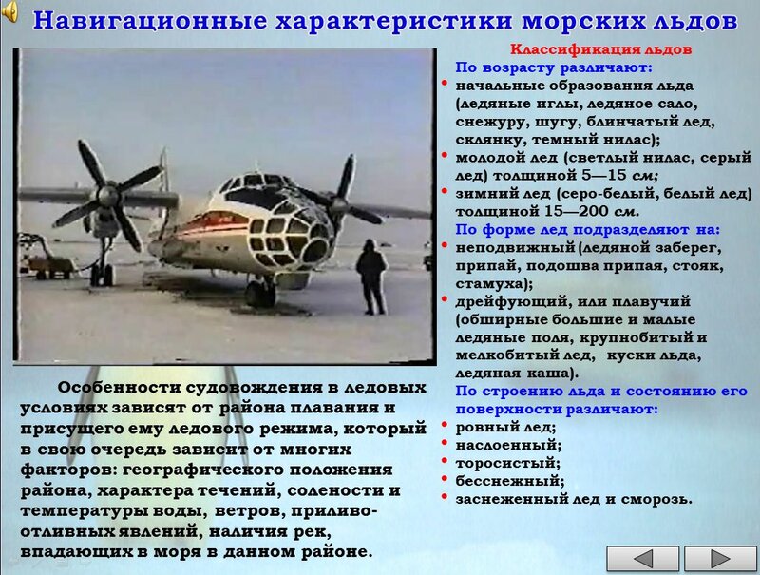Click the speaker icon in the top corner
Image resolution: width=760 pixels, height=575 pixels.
click(x=9, y=11)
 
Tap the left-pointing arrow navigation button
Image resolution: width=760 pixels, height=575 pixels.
click(x=643, y=559)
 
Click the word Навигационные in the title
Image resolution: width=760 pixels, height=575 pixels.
click(x=150, y=21)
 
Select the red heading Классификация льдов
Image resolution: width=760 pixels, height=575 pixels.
click(x=600, y=49)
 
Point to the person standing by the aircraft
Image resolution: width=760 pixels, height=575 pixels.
click(x=371, y=277)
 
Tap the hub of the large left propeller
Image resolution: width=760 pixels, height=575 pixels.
click(x=108, y=195)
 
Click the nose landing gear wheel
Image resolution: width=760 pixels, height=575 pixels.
click(x=260, y=294)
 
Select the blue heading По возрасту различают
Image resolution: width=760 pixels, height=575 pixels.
click(x=554, y=67)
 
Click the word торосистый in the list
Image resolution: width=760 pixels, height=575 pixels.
click(x=505, y=464)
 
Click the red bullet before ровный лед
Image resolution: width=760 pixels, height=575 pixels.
click(x=445, y=425)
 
